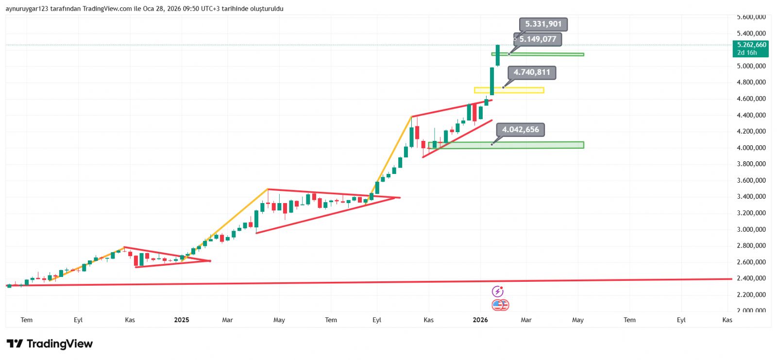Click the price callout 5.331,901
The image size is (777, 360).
(x=543, y=24)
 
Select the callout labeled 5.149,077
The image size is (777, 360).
(x=538, y=39)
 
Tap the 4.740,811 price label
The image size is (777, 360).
(x=532, y=72)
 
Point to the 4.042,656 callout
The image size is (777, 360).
(x=520, y=130)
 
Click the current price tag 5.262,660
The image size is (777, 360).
(x=751, y=45)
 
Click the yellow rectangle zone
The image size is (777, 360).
(x=509, y=90)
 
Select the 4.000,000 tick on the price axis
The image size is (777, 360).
(x=751, y=148)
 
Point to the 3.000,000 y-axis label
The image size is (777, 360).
(x=751, y=229)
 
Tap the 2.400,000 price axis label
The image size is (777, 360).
(x=751, y=278)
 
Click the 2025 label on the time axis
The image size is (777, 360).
(x=181, y=320)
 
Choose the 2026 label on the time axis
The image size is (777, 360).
(x=480, y=320)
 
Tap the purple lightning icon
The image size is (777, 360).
(x=498, y=291)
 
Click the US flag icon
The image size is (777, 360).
(x=500, y=305)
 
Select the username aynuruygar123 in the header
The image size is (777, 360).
(x=26, y=9)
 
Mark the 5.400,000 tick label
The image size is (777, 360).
(x=751, y=34)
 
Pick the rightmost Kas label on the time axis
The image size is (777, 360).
(x=727, y=320)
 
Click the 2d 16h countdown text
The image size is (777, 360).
(x=747, y=52)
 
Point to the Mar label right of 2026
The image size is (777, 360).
(x=526, y=320)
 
